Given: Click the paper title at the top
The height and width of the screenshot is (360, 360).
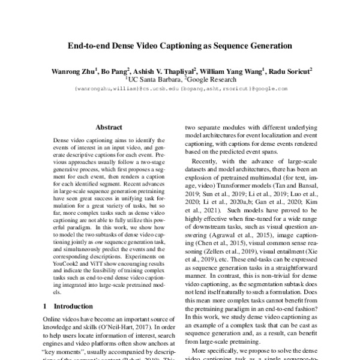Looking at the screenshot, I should tap(179, 45).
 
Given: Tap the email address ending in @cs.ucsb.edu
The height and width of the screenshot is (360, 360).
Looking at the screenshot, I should tap(118, 88).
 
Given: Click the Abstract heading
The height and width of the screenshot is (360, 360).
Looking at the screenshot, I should tap(109, 127).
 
